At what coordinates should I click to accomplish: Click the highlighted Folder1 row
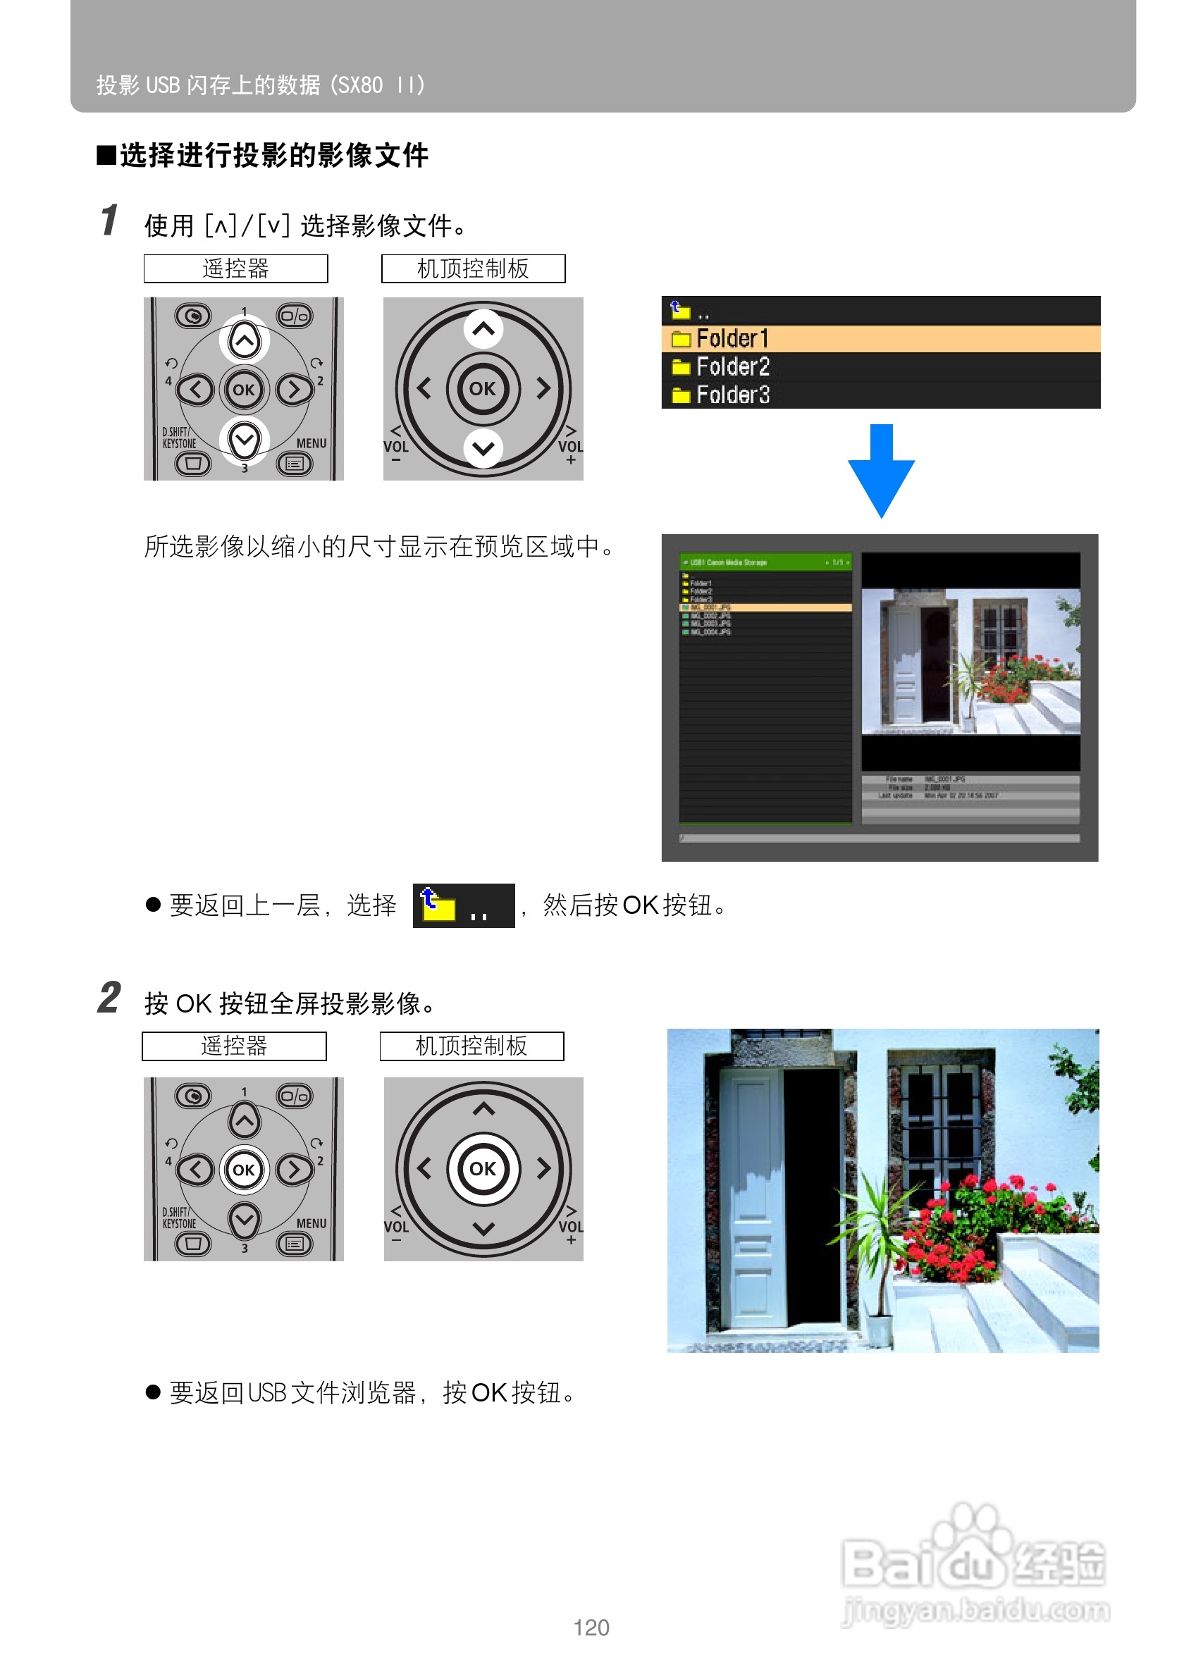880,338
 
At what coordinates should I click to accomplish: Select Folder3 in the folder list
733,395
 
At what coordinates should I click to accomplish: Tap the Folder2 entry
733,366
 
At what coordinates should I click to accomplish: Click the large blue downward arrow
881,471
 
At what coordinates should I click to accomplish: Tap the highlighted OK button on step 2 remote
243,1170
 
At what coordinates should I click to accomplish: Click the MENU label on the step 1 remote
312,443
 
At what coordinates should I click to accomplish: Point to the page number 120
591,1628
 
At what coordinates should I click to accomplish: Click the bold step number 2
109,998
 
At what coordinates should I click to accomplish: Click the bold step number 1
109,221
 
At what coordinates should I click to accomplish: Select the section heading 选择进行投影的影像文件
273,156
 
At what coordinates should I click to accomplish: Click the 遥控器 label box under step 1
235,268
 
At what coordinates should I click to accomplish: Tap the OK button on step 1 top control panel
482,388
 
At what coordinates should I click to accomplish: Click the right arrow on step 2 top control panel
543,1169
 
